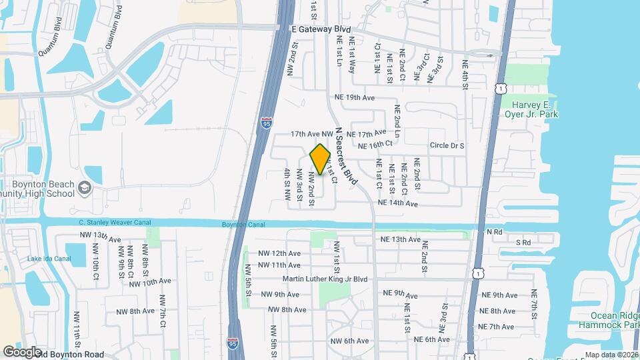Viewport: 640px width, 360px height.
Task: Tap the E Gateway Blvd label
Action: pyautogui.click(x=321, y=30)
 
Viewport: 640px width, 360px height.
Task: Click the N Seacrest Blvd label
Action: pyautogui.click(x=347, y=156)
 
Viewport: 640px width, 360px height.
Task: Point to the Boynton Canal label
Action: pyautogui.click(x=243, y=225)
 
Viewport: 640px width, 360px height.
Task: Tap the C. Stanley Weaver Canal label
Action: pyautogui.click(x=115, y=223)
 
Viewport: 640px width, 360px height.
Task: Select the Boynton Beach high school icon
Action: pyautogui.click(x=85, y=189)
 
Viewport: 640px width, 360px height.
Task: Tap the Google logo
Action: pyautogui.click(x=22, y=352)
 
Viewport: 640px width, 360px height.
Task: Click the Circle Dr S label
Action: pyautogui.click(x=447, y=145)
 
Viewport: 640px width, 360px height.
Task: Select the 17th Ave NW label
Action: pyautogui.click(x=311, y=134)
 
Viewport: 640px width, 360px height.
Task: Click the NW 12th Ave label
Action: pyautogui.click(x=279, y=253)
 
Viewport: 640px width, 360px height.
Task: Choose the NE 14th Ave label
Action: pyautogui.click(x=397, y=203)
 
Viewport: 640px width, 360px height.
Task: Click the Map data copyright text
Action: pyautogui.click(x=611, y=355)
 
